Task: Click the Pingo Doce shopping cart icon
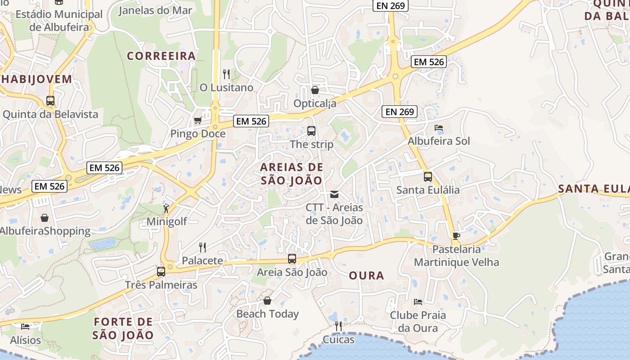pos(197,121)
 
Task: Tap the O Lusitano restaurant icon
pos(226,74)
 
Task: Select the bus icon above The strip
pos(311,131)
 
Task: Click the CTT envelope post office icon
pos(334,194)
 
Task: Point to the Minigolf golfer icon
pos(166,208)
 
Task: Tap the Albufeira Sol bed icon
pos(439,128)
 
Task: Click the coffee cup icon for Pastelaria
pos(456,236)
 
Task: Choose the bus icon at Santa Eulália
pos(427,177)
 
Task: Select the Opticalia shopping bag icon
pos(315,90)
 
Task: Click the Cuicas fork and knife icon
pos(338,326)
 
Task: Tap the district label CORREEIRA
pos(161,56)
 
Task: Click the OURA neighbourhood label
pos(366,275)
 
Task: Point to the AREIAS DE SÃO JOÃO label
pos(292,174)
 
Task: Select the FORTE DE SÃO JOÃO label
pos(123,328)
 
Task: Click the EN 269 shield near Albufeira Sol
pos(400,112)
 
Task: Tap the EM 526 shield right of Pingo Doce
pos(252,121)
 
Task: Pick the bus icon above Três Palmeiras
pos(161,272)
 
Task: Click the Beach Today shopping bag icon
pos(267,301)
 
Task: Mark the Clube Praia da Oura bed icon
pos(418,301)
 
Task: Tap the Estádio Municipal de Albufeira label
pos(59,20)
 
